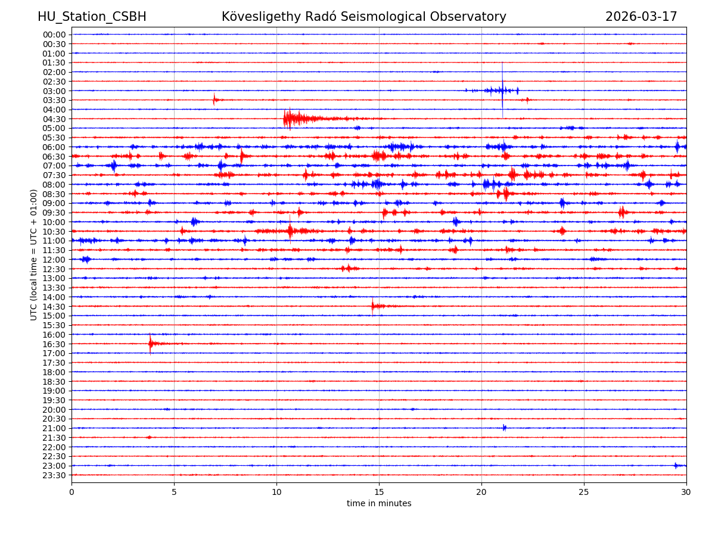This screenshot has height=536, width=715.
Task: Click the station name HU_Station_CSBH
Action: click(92, 17)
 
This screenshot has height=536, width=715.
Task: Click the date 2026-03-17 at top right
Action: click(641, 17)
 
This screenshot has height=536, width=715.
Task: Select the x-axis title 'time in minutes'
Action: click(379, 504)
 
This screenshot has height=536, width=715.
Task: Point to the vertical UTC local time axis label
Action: click(34, 254)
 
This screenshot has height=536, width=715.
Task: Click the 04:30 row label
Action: click(54, 119)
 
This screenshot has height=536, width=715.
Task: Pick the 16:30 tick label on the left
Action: click(54, 344)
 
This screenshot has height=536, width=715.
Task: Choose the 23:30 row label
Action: click(54, 475)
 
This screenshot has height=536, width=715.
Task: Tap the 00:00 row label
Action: click(54, 35)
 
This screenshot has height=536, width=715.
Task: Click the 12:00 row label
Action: click(54, 260)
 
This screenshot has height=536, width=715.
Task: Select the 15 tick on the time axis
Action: click(379, 492)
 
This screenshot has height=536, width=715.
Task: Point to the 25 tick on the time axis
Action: click(584, 492)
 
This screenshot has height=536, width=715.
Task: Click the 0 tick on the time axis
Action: click(71, 492)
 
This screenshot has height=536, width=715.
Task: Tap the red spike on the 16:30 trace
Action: click(150, 344)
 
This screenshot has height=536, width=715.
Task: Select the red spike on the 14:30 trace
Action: click(373, 306)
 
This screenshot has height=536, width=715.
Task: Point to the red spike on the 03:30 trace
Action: click(214, 99)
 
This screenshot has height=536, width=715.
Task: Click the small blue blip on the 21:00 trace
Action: click(504, 428)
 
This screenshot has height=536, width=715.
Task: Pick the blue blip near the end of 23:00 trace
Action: click(676, 465)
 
